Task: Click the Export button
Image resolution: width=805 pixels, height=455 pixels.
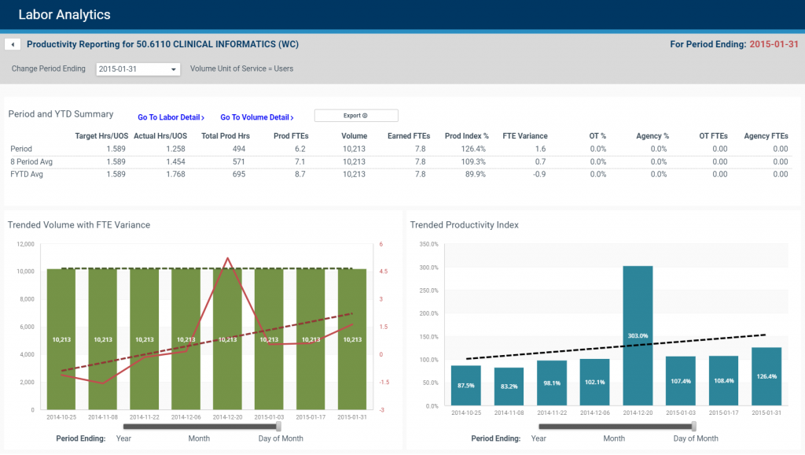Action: pos(356,116)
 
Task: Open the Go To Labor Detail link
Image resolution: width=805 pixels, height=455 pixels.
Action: pos(171,117)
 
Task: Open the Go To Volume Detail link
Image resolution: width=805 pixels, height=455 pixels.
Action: pos(256,117)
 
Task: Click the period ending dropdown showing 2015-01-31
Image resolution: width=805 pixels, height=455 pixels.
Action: pos(138,69)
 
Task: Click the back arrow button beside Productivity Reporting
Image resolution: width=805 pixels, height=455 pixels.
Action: pos(13,45)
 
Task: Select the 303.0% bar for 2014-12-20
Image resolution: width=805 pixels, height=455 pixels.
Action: pos(638,335)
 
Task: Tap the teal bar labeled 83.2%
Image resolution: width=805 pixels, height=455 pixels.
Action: pos(509,387)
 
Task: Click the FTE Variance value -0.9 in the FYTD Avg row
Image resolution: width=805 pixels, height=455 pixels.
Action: pos(540,174)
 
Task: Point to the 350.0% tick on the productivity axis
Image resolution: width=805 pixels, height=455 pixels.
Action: pos(428,244)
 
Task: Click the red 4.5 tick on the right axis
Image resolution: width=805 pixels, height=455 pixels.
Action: pos(383,272)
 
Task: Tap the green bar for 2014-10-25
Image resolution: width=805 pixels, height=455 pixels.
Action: pos(61,338)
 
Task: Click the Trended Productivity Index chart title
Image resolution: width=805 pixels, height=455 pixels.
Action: pos(464,225)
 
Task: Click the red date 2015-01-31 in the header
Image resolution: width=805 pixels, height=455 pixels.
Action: pos(774,45)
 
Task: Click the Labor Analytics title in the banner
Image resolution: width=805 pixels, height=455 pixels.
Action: pos(64,14)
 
